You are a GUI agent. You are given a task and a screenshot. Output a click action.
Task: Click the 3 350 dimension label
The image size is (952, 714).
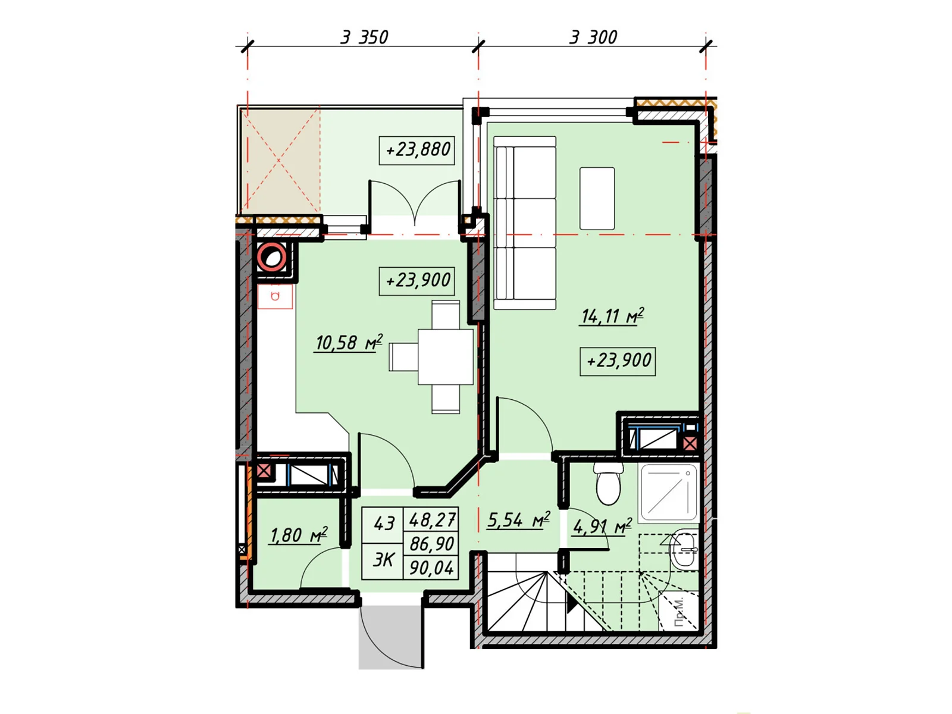(364, 37)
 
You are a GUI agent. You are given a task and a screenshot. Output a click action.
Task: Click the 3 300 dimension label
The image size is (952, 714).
(593, 37)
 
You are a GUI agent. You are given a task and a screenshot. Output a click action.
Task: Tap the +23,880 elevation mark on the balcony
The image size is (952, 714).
(417, 150)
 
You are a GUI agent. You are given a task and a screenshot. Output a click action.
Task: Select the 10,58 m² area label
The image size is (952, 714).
(349, 343)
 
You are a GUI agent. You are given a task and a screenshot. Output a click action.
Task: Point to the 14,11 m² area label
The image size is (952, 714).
(612, 316)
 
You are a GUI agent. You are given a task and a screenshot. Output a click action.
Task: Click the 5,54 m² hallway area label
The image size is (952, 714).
(518, 520)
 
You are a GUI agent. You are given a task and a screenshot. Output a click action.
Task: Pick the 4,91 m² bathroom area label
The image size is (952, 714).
(602, 527)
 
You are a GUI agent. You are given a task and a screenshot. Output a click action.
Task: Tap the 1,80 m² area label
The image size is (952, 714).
(298, 535)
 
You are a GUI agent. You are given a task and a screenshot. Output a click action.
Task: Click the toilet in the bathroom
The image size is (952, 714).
(608, 484)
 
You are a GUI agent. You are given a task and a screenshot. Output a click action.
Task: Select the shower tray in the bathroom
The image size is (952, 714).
(669, 493)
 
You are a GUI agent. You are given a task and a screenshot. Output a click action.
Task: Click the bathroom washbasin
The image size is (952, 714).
(684, 550)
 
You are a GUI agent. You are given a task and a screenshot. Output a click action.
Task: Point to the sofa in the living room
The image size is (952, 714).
(525, 223)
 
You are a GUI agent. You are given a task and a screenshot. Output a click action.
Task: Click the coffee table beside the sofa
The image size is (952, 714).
(597, 198)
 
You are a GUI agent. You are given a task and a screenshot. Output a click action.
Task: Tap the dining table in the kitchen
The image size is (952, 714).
(446, 357)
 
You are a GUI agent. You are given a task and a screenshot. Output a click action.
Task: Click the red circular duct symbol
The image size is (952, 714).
(271, 258)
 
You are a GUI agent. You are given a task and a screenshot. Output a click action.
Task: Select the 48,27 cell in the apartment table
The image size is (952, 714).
(431, 519)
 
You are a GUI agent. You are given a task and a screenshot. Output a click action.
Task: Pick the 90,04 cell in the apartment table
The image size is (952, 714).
(431, 568)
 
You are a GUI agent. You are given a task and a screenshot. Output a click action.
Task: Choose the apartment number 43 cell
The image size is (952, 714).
(383, 525)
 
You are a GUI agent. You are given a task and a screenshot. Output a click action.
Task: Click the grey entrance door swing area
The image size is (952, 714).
(390, 637)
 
